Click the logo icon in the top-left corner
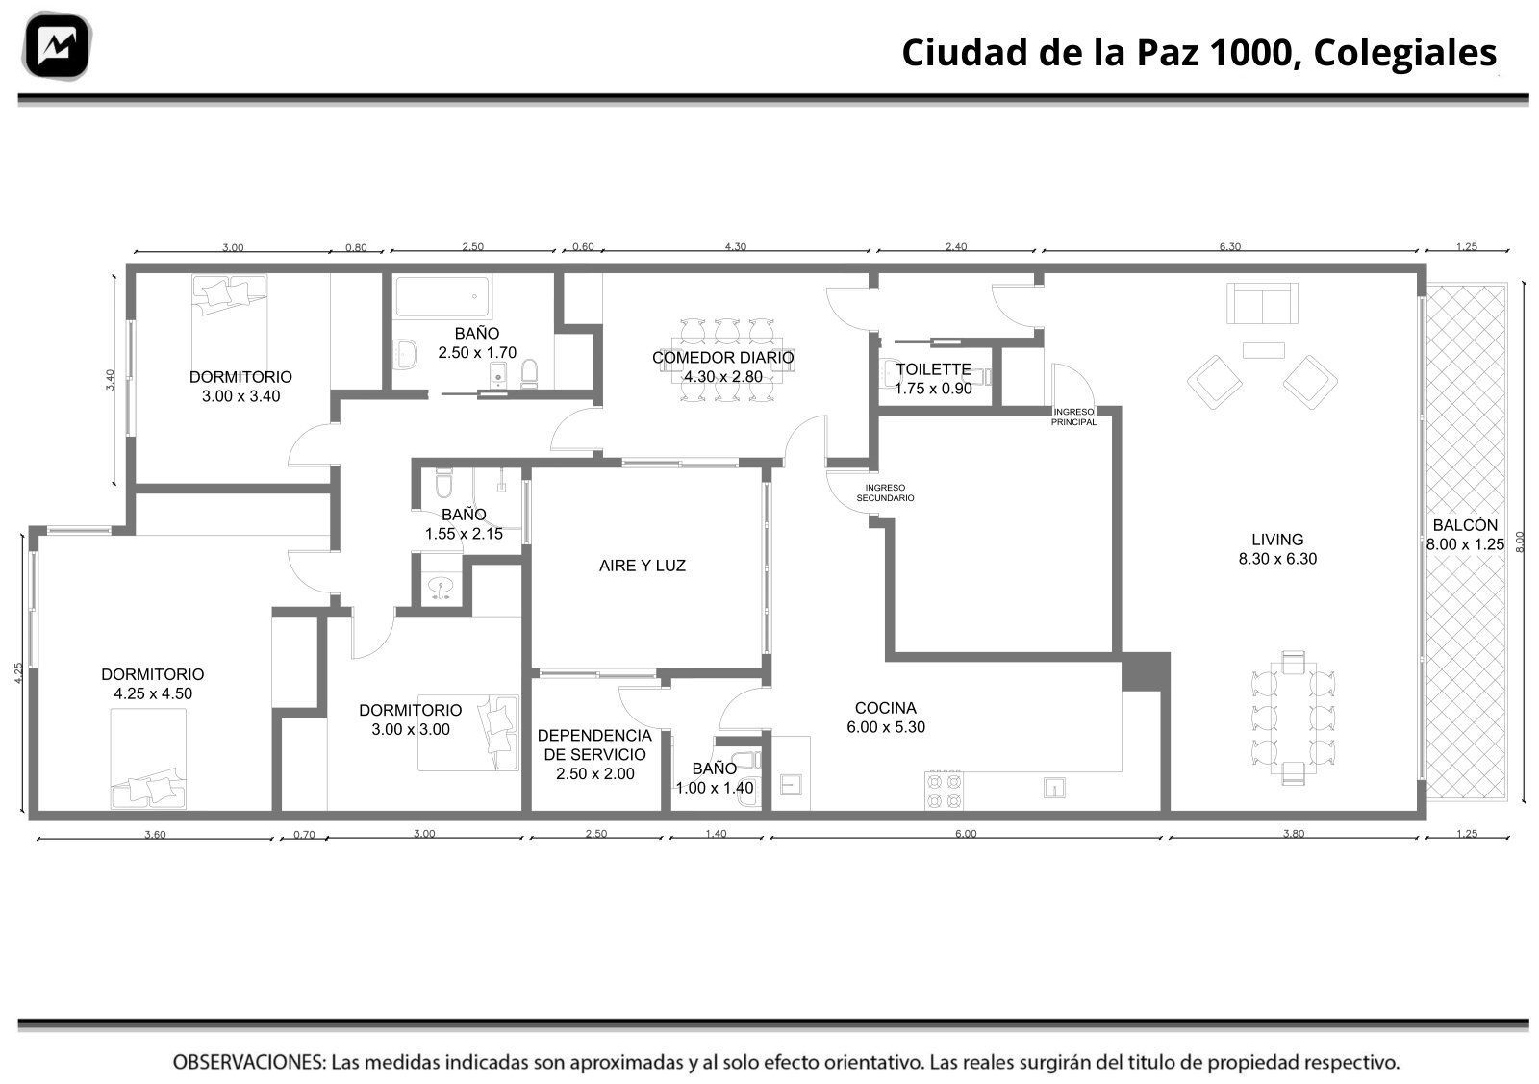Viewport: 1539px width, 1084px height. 57,46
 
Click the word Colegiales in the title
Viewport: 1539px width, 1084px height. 1405,53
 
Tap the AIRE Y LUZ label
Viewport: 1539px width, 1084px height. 643,566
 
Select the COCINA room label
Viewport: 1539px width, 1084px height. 886,708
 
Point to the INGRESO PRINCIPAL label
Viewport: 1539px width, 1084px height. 1073,417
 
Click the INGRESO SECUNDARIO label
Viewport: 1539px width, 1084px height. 885,493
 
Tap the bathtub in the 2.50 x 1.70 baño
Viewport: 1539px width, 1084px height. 442,297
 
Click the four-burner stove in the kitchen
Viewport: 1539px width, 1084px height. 944,791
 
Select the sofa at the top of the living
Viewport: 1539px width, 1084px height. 1262,303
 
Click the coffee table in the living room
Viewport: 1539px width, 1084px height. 1264,350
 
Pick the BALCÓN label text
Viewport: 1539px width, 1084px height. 1465,525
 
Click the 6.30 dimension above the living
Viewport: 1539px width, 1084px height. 1230,246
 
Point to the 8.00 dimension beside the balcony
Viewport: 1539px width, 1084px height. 1519,542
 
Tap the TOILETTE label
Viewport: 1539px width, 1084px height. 933,369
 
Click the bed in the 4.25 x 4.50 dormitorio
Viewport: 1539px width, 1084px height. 148,759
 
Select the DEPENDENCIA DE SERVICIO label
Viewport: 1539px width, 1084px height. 594,745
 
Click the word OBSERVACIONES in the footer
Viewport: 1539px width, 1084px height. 249,1062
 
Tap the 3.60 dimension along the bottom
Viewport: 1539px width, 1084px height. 155,835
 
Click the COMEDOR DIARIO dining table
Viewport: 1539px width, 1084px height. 727,360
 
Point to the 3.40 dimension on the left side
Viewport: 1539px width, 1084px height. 110,380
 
